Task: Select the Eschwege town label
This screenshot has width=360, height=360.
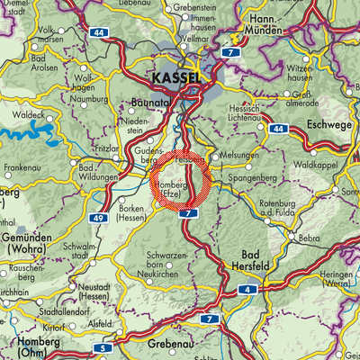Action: point(329,124)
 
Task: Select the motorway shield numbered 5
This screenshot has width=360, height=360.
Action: point(104,347)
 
